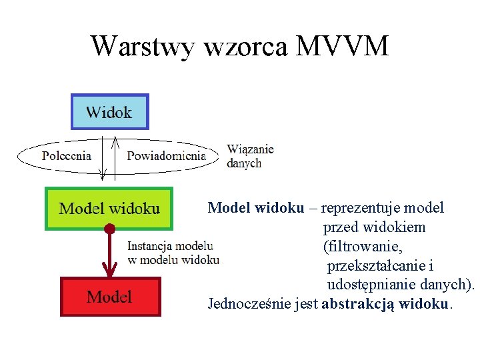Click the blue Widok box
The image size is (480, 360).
(x=109, y=112)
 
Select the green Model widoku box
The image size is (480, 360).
(x=109, y=209)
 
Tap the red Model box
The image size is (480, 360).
(x=110, y=297)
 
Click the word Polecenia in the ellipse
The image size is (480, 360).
(x=67, y=156)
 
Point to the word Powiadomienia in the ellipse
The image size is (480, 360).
(x=166, y=156)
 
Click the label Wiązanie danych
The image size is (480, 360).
(x=250, y=156)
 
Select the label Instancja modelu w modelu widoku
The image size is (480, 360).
(x=173, y=253)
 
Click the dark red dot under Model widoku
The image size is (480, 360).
(x=109, y=229)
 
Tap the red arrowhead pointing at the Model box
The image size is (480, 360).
(x=109, y=269)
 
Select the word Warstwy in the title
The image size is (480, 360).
(x=143, y=47)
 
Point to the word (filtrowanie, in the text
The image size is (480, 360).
(x=363, y=247)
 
